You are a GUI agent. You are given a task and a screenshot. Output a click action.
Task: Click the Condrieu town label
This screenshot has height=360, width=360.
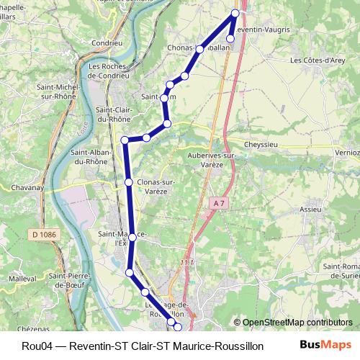point(107,42)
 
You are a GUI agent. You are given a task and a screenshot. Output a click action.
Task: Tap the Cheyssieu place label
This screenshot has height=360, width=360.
point(262,143)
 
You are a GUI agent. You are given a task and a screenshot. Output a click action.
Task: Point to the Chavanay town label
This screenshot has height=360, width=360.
point(28,187)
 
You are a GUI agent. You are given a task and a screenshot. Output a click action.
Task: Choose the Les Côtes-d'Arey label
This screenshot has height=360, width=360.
point(317,61)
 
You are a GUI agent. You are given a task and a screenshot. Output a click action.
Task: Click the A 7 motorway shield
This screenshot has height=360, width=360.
point(219,204)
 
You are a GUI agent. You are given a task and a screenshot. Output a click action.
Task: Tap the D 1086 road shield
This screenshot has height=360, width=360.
point(44,234)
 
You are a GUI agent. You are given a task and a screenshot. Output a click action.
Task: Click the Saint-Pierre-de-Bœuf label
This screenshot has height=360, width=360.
point(71,280)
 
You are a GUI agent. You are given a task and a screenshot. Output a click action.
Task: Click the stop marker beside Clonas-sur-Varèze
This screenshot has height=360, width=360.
point(129,183)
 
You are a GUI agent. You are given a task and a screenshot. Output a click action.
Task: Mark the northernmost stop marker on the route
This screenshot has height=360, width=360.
point(235,13)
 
